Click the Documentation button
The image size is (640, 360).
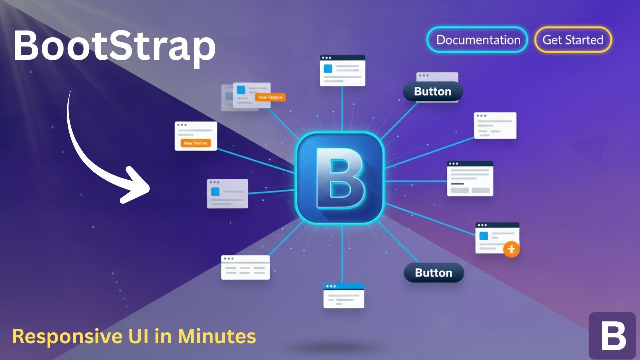point(477,40)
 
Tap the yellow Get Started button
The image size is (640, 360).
point(573,40)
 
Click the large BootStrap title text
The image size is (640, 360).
point(114,46)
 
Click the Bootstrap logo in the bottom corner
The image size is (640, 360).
point(613,336)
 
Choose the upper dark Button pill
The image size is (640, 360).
point(433,92)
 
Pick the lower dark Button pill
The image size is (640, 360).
point(434,273)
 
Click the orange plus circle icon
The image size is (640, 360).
point(511,249)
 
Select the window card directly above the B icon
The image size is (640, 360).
point(342,70)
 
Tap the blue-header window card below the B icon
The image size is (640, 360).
point(344,296)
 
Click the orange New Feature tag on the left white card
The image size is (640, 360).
point(195,143)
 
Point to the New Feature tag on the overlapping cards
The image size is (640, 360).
point(270,97)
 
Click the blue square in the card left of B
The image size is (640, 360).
point(215,191)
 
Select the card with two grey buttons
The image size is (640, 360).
point(470,178)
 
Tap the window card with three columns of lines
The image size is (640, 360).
point(245,267)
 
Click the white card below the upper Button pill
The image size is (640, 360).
point(495,126)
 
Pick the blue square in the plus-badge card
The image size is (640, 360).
point(483,235)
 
